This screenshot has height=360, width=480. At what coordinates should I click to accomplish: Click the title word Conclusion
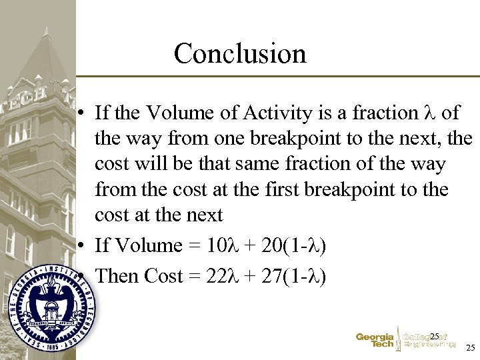click(x=240, y=53)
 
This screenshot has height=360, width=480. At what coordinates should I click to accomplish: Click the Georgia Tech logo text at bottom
click(x=375, y=340)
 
